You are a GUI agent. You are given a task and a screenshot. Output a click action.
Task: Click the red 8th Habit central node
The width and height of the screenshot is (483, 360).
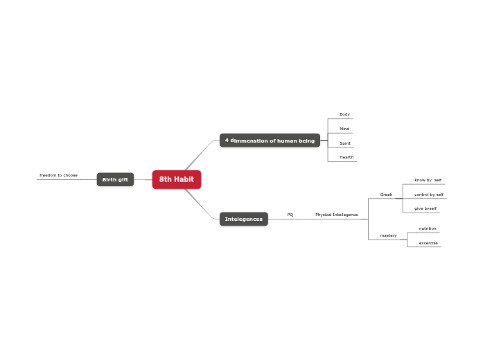point(177,179)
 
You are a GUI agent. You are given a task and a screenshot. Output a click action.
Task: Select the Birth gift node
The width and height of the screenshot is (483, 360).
point(115,180)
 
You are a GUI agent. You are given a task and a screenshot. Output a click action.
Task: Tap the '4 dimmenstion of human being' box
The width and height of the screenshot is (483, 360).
point(270,141)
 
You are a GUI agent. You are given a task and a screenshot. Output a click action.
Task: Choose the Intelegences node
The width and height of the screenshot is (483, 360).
point(243,219)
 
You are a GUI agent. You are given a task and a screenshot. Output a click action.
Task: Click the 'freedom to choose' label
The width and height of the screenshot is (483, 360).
point(58,175)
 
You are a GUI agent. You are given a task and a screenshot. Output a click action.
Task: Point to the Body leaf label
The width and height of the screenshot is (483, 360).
point(344,114)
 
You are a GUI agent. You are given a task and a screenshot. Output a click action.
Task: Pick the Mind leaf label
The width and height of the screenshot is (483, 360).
point(344,129)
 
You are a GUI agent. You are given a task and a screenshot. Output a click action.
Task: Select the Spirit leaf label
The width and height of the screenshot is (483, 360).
point(344,143)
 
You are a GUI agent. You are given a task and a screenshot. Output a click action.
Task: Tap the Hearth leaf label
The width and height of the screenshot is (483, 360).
point(346,157)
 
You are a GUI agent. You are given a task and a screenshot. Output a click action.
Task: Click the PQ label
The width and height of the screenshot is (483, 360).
point(290,215)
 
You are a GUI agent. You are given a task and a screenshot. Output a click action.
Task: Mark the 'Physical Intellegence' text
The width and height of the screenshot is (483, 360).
point(337,215)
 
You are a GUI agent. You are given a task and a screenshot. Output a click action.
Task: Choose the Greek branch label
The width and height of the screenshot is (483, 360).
point(386,195)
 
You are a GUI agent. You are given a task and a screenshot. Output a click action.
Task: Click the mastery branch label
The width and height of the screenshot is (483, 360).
point(388,235)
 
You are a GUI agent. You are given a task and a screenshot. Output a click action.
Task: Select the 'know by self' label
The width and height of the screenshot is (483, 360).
point(428,180)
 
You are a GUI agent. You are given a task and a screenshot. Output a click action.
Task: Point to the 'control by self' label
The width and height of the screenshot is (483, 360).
point(429,195)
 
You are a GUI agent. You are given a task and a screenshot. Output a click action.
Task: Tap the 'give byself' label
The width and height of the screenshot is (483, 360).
point(425,208)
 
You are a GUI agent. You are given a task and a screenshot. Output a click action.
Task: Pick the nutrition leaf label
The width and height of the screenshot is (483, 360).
point(428,228)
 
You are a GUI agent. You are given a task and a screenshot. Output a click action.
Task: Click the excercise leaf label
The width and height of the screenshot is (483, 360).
point(428,243)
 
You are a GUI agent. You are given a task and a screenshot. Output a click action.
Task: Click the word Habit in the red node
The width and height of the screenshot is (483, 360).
point(184,179)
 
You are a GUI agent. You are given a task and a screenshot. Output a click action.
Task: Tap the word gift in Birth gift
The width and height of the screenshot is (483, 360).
point(123,180)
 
